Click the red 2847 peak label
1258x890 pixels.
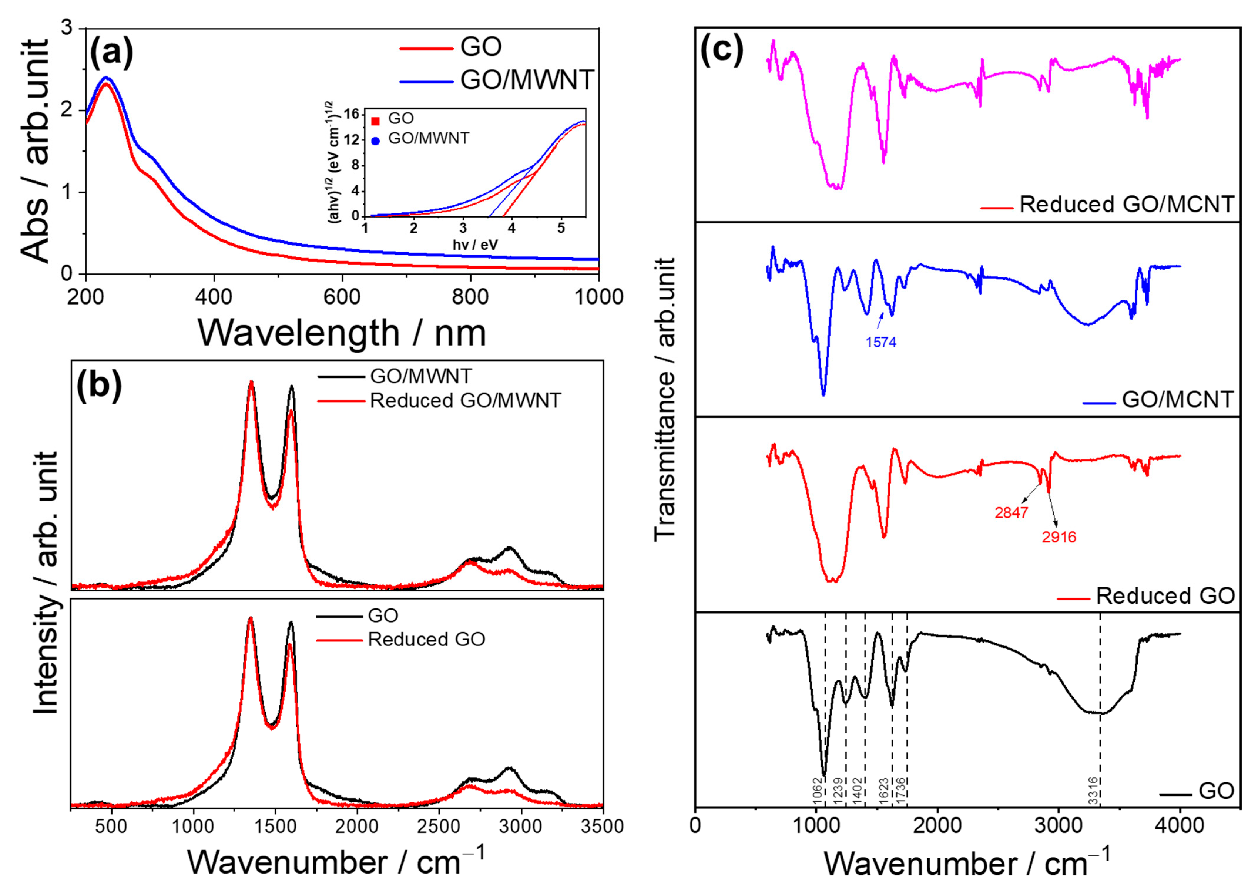click(x=1011, y=513)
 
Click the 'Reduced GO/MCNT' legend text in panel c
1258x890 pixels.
click(x=1126, y=204)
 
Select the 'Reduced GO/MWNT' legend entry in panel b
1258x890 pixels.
click(x=465, y=401)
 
